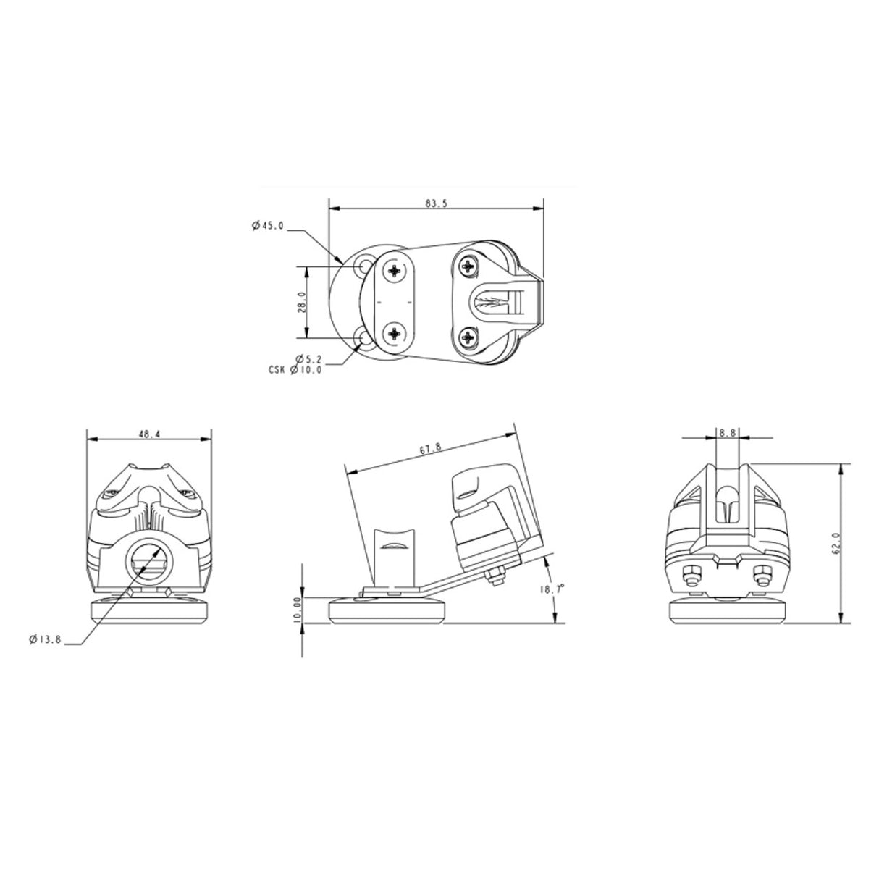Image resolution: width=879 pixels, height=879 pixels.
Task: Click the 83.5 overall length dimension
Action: coord(436,203)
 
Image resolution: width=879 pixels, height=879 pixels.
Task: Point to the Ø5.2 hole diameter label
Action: coord(309,358)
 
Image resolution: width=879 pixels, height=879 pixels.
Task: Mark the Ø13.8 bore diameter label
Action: coord(45,639)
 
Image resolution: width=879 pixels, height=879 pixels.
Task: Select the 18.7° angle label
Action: coord(552,590)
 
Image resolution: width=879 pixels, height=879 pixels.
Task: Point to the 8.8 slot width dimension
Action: coord(727,433)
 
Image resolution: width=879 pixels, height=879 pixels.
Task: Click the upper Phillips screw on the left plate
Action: coord(395,271)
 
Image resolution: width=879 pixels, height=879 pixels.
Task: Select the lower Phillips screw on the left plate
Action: coord(395,333)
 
